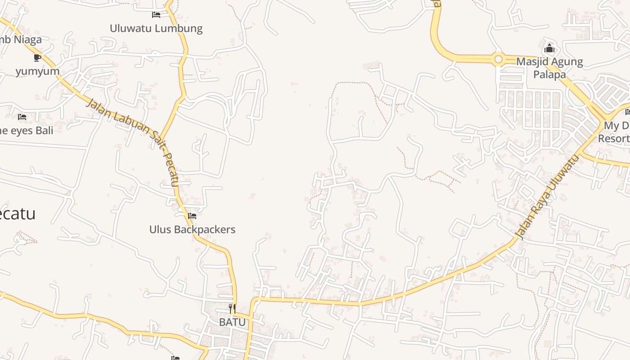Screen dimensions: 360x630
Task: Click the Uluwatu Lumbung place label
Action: tap(156, 28)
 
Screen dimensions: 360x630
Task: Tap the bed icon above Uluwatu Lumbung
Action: tap(156, 15)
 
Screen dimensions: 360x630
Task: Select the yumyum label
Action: tap(38, 71)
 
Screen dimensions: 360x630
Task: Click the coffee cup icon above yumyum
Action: tap(37, 58)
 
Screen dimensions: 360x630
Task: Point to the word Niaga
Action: tap(27, 40)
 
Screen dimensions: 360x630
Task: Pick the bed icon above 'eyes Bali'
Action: tap(22, 117)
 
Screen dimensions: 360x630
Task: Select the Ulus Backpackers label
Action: tap(192, 229)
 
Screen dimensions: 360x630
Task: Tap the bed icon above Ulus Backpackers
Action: tap(192, 216)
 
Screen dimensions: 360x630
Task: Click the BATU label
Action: tap(232, 322)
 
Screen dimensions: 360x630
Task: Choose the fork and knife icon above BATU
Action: tap(232, 309)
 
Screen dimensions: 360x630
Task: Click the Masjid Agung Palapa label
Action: tap(549, 67)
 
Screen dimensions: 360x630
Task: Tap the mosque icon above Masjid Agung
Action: tap(549, 48)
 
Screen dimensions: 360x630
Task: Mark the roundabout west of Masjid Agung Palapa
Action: tap(498, 59)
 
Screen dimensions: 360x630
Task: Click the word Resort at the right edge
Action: tap(614, 138)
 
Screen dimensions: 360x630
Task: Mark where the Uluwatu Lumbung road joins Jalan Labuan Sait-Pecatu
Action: tap(161, 137)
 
